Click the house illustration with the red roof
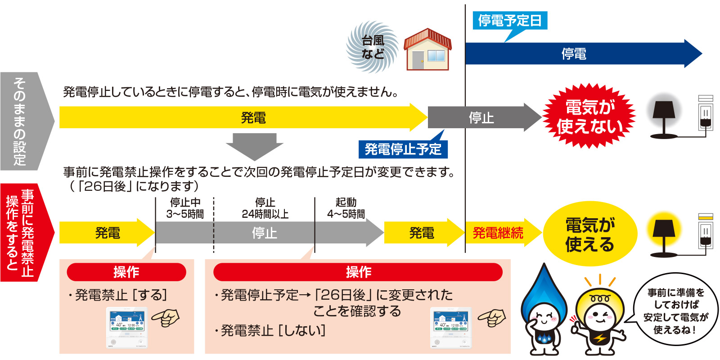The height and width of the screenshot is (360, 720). [427, 50]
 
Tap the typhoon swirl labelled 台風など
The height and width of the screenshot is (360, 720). [372, 47]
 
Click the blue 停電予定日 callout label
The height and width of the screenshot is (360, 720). [509, 21]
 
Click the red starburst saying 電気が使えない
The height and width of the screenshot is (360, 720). [589, 116]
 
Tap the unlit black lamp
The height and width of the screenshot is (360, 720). [663, 118]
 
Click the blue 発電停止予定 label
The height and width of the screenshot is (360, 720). [403, 149]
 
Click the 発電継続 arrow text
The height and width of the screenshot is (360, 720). [498, 233]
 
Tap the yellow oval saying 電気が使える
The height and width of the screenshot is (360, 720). [589, 234]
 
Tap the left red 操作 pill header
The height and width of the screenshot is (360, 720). [126, 272]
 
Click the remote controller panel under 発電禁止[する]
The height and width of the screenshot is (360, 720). [126, 327]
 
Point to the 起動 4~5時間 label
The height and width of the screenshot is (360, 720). [346, 208]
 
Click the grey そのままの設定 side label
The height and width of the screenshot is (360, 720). [20, 121]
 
